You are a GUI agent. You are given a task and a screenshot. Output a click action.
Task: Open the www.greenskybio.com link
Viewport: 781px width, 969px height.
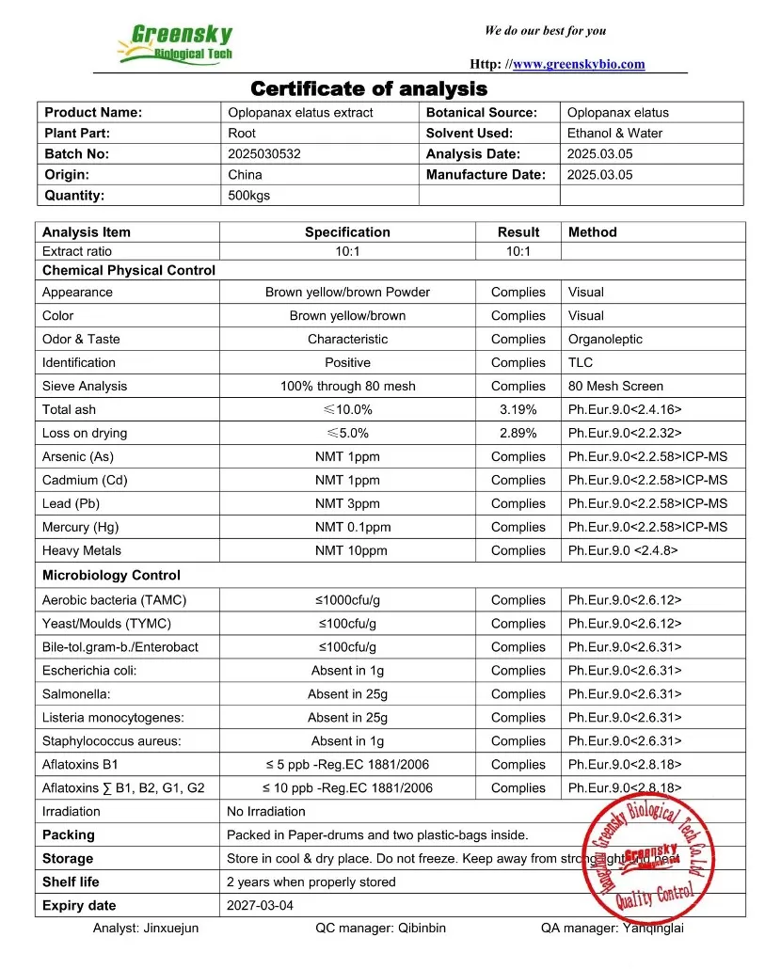tap(579, 64)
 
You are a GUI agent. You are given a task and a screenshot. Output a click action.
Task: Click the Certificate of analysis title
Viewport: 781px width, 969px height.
tap(369, 89)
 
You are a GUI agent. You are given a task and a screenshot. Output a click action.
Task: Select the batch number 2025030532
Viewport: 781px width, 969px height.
tap(264, 153)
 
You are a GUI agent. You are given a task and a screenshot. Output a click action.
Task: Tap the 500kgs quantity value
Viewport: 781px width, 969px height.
tap(249, 196)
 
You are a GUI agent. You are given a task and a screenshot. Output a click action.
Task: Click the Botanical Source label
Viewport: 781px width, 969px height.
tap(481, 112)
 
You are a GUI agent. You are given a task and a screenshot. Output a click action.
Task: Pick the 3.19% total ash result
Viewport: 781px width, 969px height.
tap(518, 409)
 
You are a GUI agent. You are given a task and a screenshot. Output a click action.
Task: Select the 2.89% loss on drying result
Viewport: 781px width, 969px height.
tap(518, 433)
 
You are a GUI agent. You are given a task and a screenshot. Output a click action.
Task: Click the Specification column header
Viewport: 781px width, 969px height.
tap(347, 231)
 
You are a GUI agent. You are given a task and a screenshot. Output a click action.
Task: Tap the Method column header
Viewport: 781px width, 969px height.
tap(593, 231)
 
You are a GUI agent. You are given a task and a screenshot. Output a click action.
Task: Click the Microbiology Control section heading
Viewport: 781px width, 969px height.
tap(111, 575)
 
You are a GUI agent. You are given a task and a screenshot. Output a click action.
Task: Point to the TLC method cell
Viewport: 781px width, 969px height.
tap(580, 362)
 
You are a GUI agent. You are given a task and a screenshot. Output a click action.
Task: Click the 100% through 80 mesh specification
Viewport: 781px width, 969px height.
tap(347, 386)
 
